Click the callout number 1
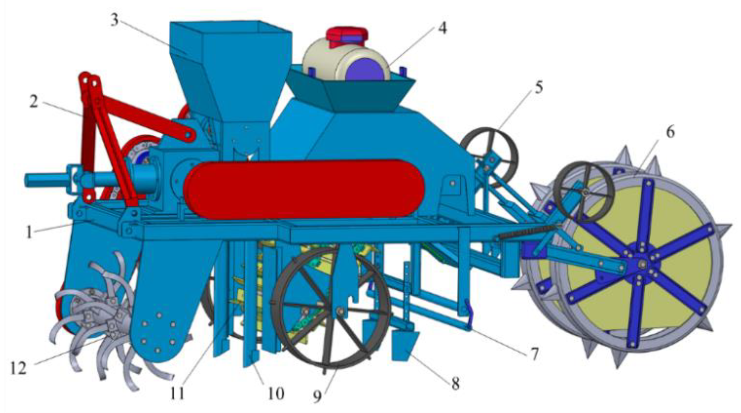(29, 232)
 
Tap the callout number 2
(34, 102)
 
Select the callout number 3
(114, 20)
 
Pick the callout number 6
(670, 132)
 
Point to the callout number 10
(276, 393)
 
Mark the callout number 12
(18, 369)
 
